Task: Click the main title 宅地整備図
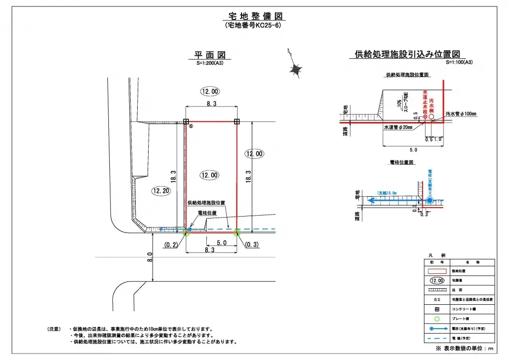coord(253,16)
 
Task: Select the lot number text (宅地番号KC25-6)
coord(253,25)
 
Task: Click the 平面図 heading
coord(209,55)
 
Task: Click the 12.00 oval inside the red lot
coord(209,175)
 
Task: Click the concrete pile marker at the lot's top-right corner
coord(237,121)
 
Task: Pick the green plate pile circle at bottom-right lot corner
coord(237,232)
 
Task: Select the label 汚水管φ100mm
coord(461,114)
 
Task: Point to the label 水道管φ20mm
coord(398,127)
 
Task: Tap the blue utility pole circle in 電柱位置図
coord(429,200)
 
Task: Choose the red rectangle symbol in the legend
coord(437,271)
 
